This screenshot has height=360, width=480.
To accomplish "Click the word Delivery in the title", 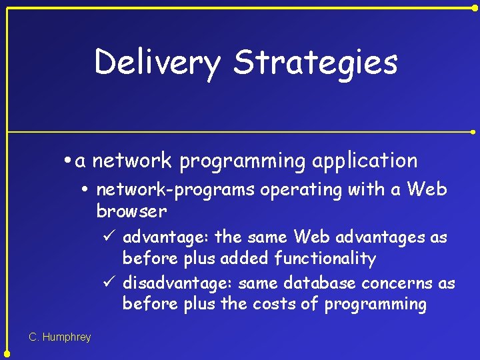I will (x=157, y=63).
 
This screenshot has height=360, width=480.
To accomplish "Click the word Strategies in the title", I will (x=315, y=63).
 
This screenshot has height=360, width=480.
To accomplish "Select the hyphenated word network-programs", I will (x=175, y=190).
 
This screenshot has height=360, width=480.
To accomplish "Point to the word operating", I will (x=301, y=190).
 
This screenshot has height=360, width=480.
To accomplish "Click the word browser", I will (x=131, y=211).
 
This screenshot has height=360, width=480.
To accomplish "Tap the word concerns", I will (x=398, y=283).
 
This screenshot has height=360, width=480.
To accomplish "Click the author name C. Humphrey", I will (x=60, y=337).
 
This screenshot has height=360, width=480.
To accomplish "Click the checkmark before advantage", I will (x=111, y=237).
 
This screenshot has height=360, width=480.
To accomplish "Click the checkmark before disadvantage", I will (x=111, y=283).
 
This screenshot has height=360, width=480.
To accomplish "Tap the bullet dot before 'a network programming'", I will (x=69, y=161).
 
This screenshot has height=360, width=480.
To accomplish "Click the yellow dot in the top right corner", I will (x=474, y=7).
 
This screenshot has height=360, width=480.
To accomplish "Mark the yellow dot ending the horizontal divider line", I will (x=474, y=132).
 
